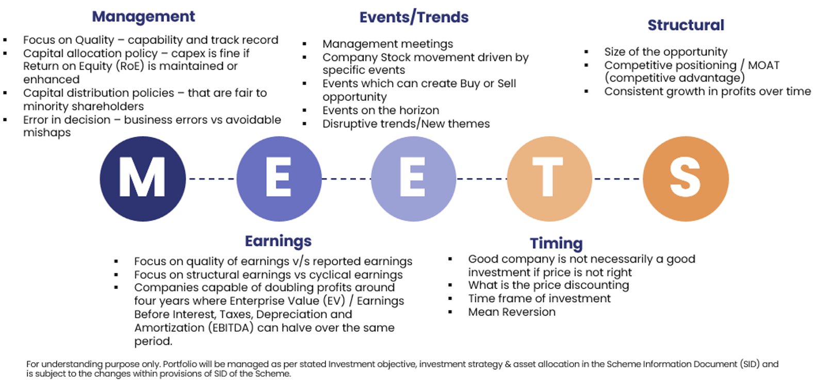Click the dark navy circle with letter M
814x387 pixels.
point(143,179)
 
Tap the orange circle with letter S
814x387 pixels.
point(686,179)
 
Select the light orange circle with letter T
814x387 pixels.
point(549,179)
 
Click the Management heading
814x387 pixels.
point(143,17)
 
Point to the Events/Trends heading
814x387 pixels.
point(414,18)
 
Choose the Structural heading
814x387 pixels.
point(686,25)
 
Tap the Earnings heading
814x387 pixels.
point(278,241)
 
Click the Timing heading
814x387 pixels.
point(556,244)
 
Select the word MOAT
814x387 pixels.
point(763,66)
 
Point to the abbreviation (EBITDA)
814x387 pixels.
point(231,328)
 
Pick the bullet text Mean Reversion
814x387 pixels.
point(512,312)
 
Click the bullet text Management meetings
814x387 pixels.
point(388,44)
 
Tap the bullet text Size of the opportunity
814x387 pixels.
point(666,52)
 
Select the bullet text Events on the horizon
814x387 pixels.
point(381,110)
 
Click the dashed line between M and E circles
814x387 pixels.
point(211,179)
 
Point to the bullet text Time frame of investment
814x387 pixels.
point(539,299)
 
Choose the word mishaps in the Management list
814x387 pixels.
point(47,133)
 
